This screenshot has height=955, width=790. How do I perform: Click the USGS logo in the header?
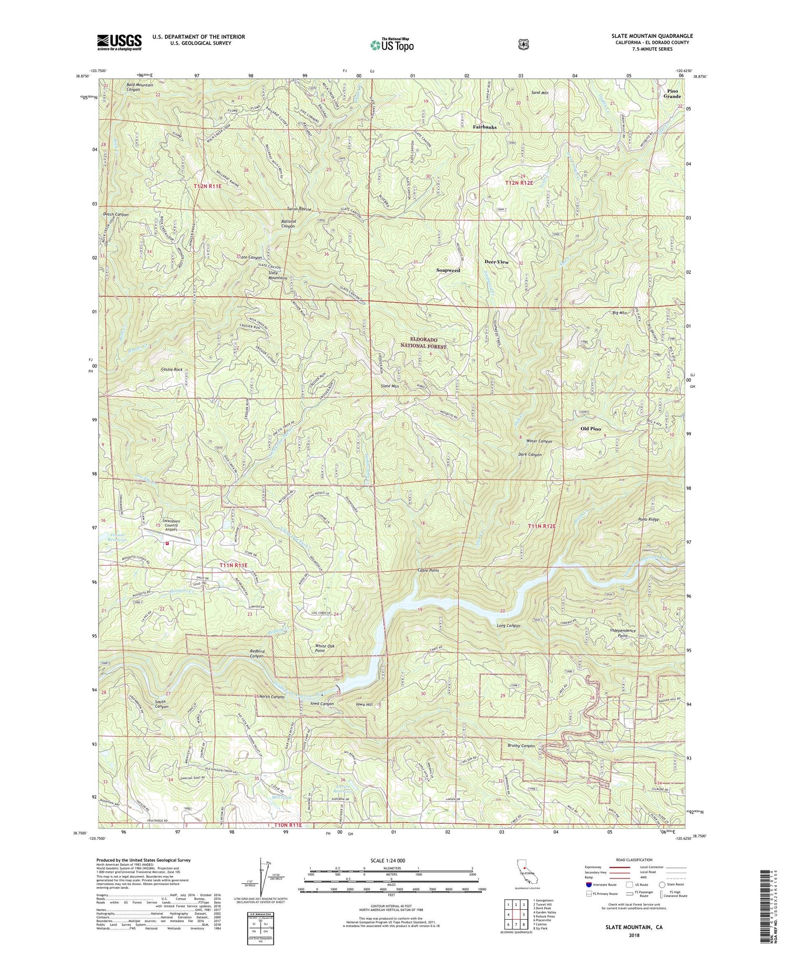(119, 42)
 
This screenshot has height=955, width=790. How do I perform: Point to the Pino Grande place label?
(672, 94)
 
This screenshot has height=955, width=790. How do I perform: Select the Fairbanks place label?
(485, 127)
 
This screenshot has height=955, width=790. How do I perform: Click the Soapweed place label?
(448, 270)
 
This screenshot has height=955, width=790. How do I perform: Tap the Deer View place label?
(497, 262)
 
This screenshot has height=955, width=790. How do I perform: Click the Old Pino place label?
(590, 429)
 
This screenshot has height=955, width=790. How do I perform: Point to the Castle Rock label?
(172, 370)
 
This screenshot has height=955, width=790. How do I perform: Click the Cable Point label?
(428, 570)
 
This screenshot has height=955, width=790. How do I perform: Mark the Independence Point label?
(623, 633)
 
